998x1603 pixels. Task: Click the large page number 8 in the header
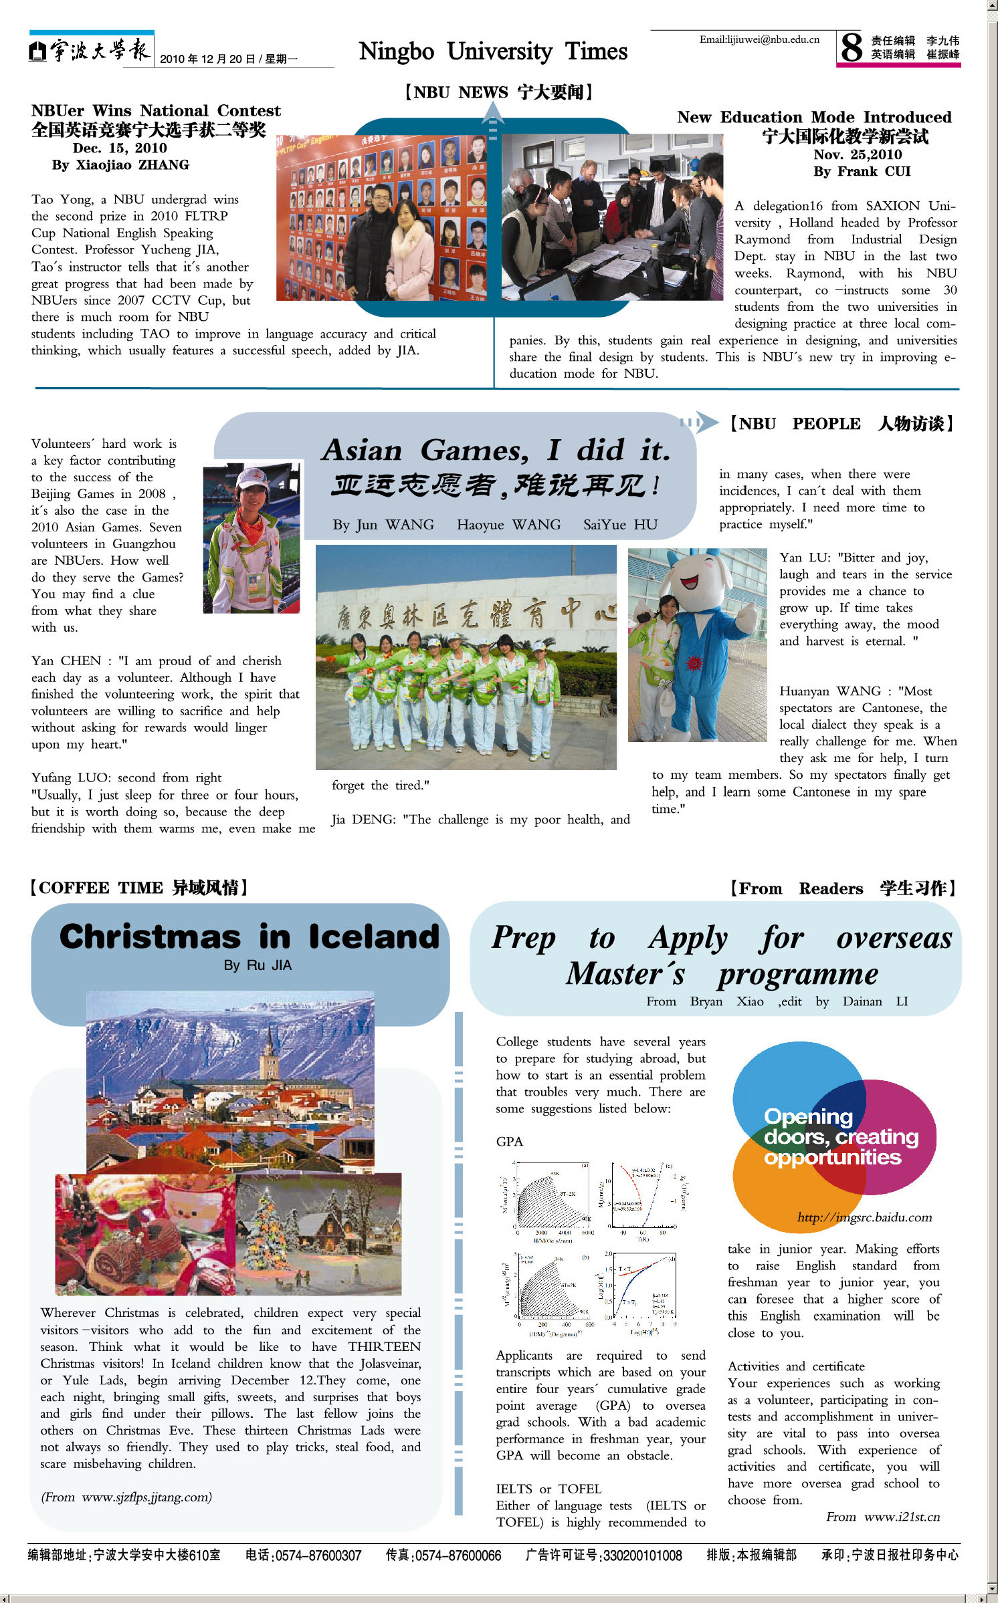pyautogui.click(x=852, y=47)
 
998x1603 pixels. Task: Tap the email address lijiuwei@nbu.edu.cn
pyautogui.click(x=759, y=39)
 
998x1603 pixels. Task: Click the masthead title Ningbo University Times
pyautogui.click(x=493, y=51)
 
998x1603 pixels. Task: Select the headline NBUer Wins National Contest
pyautogui.click(x=156, y=110)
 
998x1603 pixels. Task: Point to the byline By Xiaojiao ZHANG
pyautogui.click(x=120, y=164)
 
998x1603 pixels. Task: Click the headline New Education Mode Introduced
pyautogui.click(x=814, y=117)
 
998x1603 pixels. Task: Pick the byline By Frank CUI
pyautogui.click(x=862, y=171)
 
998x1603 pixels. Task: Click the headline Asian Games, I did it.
pyautogui.click(x=496, y=450)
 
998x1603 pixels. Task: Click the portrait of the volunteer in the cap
pyautogui.click(x=252, y=537)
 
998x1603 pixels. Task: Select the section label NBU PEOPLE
pyautogui.click(x=793, y=424)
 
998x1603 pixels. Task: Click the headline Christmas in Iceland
pyautogui.click(x=249, y=937)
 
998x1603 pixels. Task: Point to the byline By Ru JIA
pyautogui.click(x=258, y=965)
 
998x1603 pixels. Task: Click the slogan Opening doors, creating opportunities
pyautogui.click(x=840, y=1136)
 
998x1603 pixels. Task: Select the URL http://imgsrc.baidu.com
pyautogui.click(x=864, y=1217)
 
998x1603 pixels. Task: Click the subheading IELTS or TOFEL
pyautogui.click(x=548, y=1489)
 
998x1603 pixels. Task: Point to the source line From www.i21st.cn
pyautogui.click(x=882, y=1517)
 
